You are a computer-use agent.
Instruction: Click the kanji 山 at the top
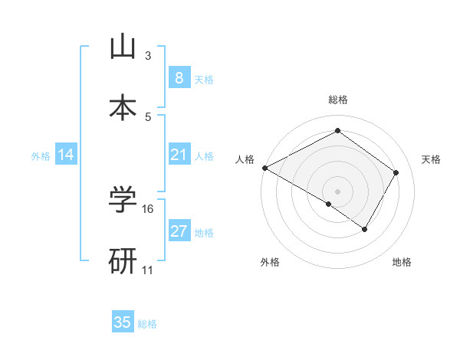tap(122, 47)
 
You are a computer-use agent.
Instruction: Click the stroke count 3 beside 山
tap(148, 56)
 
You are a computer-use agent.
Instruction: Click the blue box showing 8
tap(179, 77)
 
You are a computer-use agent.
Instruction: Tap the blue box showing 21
tap(179, 155)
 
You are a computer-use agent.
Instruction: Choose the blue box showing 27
tap(179, 231)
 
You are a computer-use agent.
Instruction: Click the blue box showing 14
tap(66, 155)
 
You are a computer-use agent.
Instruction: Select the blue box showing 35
tap(122, 322)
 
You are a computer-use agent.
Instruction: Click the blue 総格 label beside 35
tap(147, 324)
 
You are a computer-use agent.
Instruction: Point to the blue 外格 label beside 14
tap(41, 156)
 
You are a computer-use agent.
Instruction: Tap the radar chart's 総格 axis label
tap(337, 100)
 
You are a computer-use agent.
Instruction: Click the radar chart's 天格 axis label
tap(432, 159)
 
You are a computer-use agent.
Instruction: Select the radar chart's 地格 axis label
tap(402, 263)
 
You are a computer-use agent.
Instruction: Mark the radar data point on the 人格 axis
tap(264, 168)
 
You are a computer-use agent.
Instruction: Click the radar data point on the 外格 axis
tap(329, 204)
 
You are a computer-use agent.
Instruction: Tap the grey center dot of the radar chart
tap(337, 191)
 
